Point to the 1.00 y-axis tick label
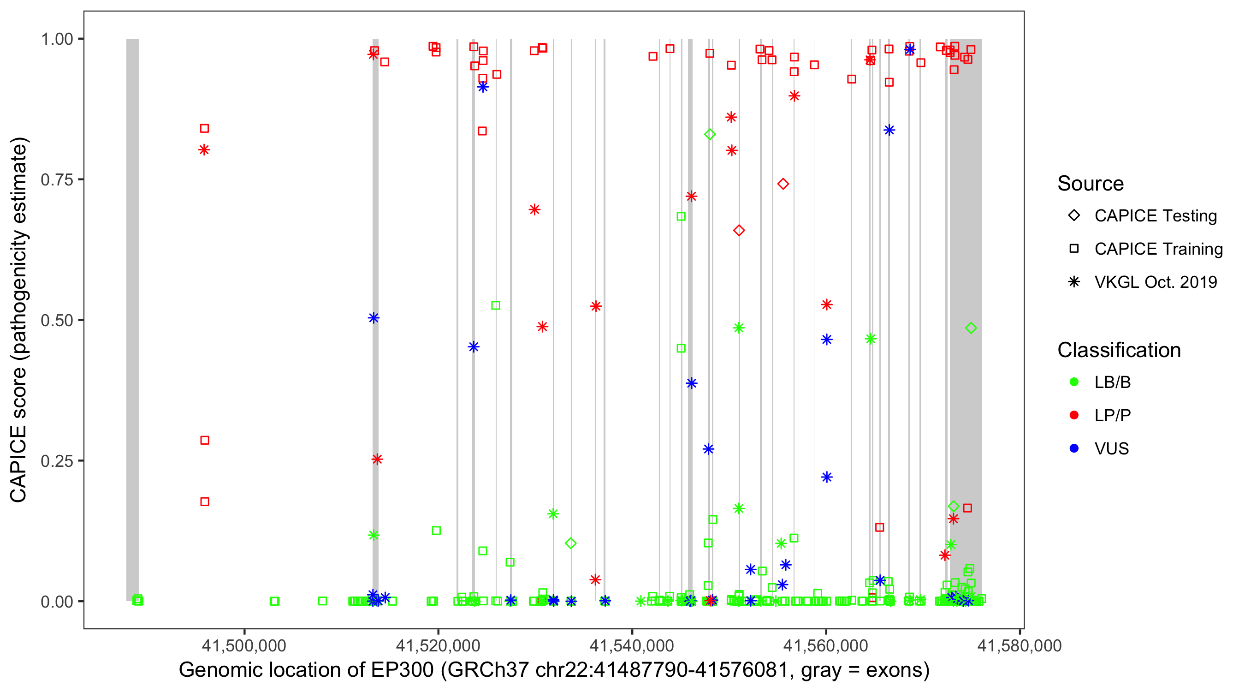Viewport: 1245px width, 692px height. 57,39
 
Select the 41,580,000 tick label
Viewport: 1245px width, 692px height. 1020,645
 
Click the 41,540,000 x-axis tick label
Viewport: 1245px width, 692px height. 632,645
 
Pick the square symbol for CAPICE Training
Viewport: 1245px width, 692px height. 1074,249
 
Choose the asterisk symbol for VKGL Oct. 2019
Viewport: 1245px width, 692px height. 1074,282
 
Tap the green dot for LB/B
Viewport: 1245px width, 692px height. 1074,382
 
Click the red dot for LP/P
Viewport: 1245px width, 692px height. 1074,415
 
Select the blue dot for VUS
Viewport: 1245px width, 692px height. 1074,448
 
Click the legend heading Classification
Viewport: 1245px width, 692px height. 1118,350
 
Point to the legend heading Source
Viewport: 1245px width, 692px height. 1091,184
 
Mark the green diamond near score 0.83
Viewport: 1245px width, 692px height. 710,134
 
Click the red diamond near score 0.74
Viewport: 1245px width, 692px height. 783,184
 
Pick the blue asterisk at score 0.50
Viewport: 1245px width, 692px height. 373,318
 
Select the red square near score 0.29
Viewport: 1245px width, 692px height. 205,441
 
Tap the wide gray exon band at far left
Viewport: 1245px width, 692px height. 132,319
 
